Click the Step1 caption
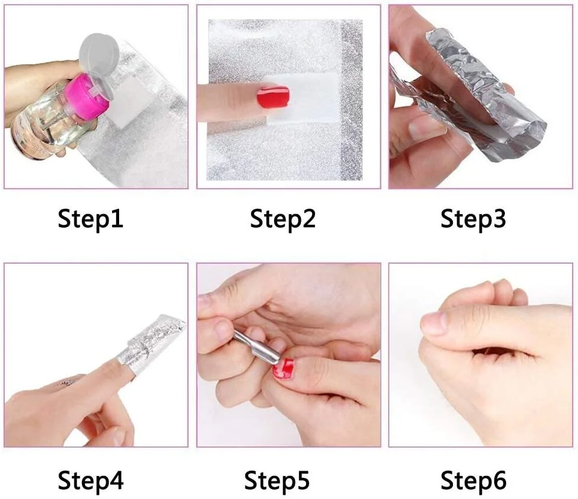pyautogui.click(x=90, y=219)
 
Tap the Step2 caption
pyautogui.click(x=283, y=219)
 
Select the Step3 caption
pyautogui.click(x=473, y=219)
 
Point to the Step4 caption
pyautogui.click(x=91, y=480)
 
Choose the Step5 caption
pyautogui.click(x=277, y=480)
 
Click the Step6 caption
pyautogui.click(x=473, y=480)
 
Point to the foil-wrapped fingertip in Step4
pyautogui.click(x=151, y=341)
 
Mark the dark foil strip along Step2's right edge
pyautogui.click(x=352, y=100)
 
